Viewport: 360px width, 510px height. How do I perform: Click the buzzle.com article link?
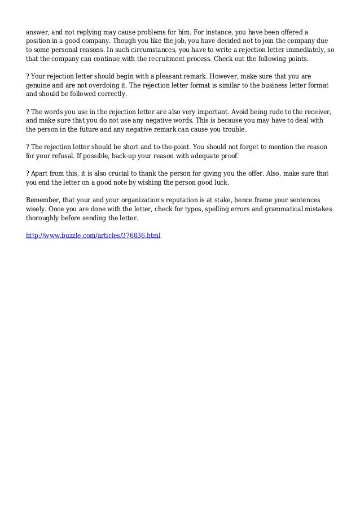point(94,234)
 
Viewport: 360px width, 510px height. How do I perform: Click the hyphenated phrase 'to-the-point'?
point(172,147)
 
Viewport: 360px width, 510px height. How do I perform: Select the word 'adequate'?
point(186,158)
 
